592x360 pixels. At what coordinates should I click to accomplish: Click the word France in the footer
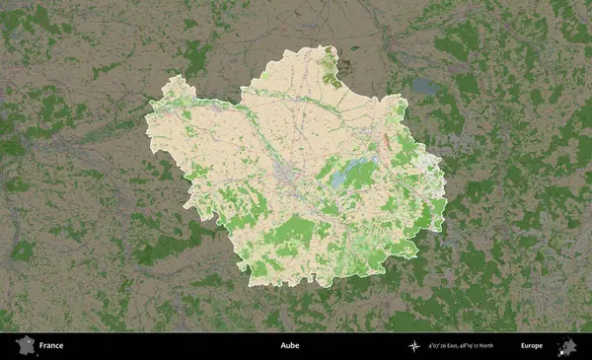coord(52,346)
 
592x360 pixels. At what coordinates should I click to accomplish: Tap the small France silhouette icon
coord(24,346)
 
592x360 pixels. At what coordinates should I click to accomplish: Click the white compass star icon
coord(415,346)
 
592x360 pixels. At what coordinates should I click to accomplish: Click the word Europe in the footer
coord(531,346)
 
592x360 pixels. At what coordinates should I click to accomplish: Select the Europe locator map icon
coord(566,345)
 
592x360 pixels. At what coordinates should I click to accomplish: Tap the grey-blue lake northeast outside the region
coord(426,88)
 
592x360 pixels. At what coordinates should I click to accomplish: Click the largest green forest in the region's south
coord(293,233)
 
